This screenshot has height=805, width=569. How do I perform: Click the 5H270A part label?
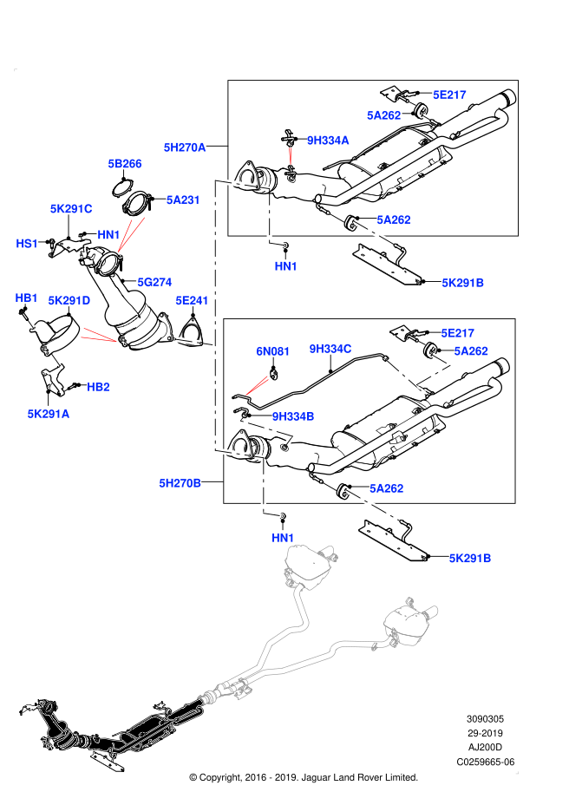(x=185, y=147)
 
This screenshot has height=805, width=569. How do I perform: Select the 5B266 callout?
(x=125, y=164)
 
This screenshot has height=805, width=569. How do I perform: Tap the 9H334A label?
(x=328, y=141)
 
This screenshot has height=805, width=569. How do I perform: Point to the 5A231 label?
(x=183, y=200)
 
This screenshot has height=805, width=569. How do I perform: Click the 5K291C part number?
(x=71, y=209)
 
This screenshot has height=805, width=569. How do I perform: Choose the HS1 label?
(x=27, y=244)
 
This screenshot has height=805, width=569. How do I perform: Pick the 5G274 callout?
(x=154, y=282)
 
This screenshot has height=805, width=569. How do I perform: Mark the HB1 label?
(x=26, y=298)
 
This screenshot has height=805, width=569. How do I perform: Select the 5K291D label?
(x=69, y=301)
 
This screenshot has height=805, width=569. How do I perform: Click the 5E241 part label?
(x=192, y=301)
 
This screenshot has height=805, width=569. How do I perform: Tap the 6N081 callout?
(x=272, y=351)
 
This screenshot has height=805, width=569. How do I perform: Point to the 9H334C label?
(x=330, y=349)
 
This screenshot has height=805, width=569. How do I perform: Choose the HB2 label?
(x=98, y=387)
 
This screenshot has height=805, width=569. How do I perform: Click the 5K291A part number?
(x=49, y=414)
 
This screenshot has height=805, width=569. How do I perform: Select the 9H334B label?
(x=293, y=416)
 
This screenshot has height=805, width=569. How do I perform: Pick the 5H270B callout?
(x=180, y=483)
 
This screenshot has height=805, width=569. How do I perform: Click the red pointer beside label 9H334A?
(x=290, y=156)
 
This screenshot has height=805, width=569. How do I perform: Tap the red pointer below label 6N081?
(x=257, y=386)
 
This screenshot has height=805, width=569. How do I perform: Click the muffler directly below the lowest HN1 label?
(x=308, y=564)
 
